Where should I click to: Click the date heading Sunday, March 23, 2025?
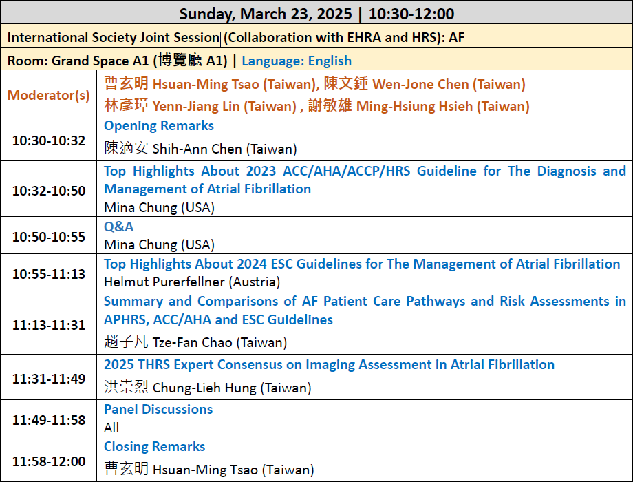(x=266, y=14)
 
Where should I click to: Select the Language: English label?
(x=297, y=61)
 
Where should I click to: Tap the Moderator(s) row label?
(x=48, y=95)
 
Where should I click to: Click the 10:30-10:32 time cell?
(x=49, y=140)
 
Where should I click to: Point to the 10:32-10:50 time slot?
(x=49, y=191)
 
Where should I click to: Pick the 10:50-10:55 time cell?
(x=49, y=237)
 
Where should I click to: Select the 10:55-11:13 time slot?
(x=49, y=274)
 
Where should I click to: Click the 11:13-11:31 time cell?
(x=49, y=325)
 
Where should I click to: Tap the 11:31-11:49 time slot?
(x=49, y=379)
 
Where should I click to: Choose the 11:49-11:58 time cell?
(x=49, y=420)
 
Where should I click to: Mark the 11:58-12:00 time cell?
(x=49, y=461)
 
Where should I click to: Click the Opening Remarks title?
(x=159, y=126)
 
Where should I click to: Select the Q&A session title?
(x=118, y=227)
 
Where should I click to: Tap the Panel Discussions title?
(x=158, y=409)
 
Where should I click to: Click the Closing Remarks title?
(x=155, y=447)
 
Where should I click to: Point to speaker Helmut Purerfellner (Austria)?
(x=192, y=282)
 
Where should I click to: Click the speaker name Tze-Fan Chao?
(x=193, y=343)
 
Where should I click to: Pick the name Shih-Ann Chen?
(x=197, y=149)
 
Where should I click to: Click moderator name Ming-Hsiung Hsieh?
(x=415, y=106)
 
